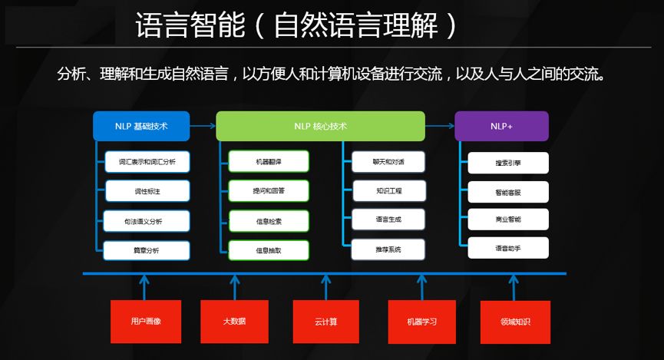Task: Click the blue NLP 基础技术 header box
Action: [x=141, y=126]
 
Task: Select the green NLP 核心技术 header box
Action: [x=320, y=126]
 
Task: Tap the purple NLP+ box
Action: [x=501, y=126]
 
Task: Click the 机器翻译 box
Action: [x=269, y=162]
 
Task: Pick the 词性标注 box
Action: [x=147, y=191]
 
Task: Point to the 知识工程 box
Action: [x=388, y=191]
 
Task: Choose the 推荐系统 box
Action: [x=388, y=249]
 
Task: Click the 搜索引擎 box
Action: [x=508, y=163]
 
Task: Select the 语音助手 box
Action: [x=508, y=248]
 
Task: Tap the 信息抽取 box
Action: [x=269, y=250]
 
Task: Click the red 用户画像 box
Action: [x=145, y=322]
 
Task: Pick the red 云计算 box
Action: [x=325, y=322]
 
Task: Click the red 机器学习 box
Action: [x=421, y=322]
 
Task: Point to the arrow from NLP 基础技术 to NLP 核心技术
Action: [x=203, y=125]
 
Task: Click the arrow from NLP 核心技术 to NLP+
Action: [x=440, y=125]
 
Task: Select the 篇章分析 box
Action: [x=147, y=250]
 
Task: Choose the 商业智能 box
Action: [x=508, y=220]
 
